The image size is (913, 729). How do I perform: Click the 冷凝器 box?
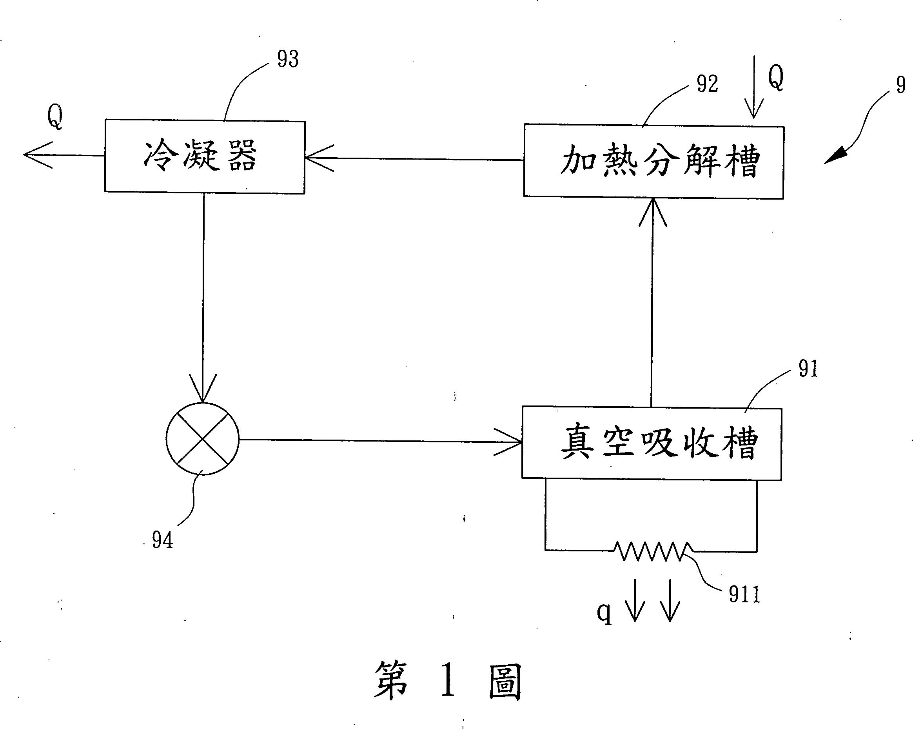click(205, 157)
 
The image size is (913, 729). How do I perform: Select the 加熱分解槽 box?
click(653, 162)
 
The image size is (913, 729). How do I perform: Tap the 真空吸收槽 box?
click(651, 443)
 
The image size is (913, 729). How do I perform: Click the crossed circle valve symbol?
click(202, 439)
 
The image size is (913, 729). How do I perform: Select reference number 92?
click(708, 84)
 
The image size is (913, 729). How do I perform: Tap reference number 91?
click(808, 369)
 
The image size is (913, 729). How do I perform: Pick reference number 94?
click(163, 540)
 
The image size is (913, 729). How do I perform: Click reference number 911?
click(744, 594)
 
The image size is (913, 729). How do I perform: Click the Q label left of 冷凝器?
click(55, 116)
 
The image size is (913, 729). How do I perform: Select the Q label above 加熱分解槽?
click(776, 78)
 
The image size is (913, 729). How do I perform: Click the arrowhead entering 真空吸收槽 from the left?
click(508, 442)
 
